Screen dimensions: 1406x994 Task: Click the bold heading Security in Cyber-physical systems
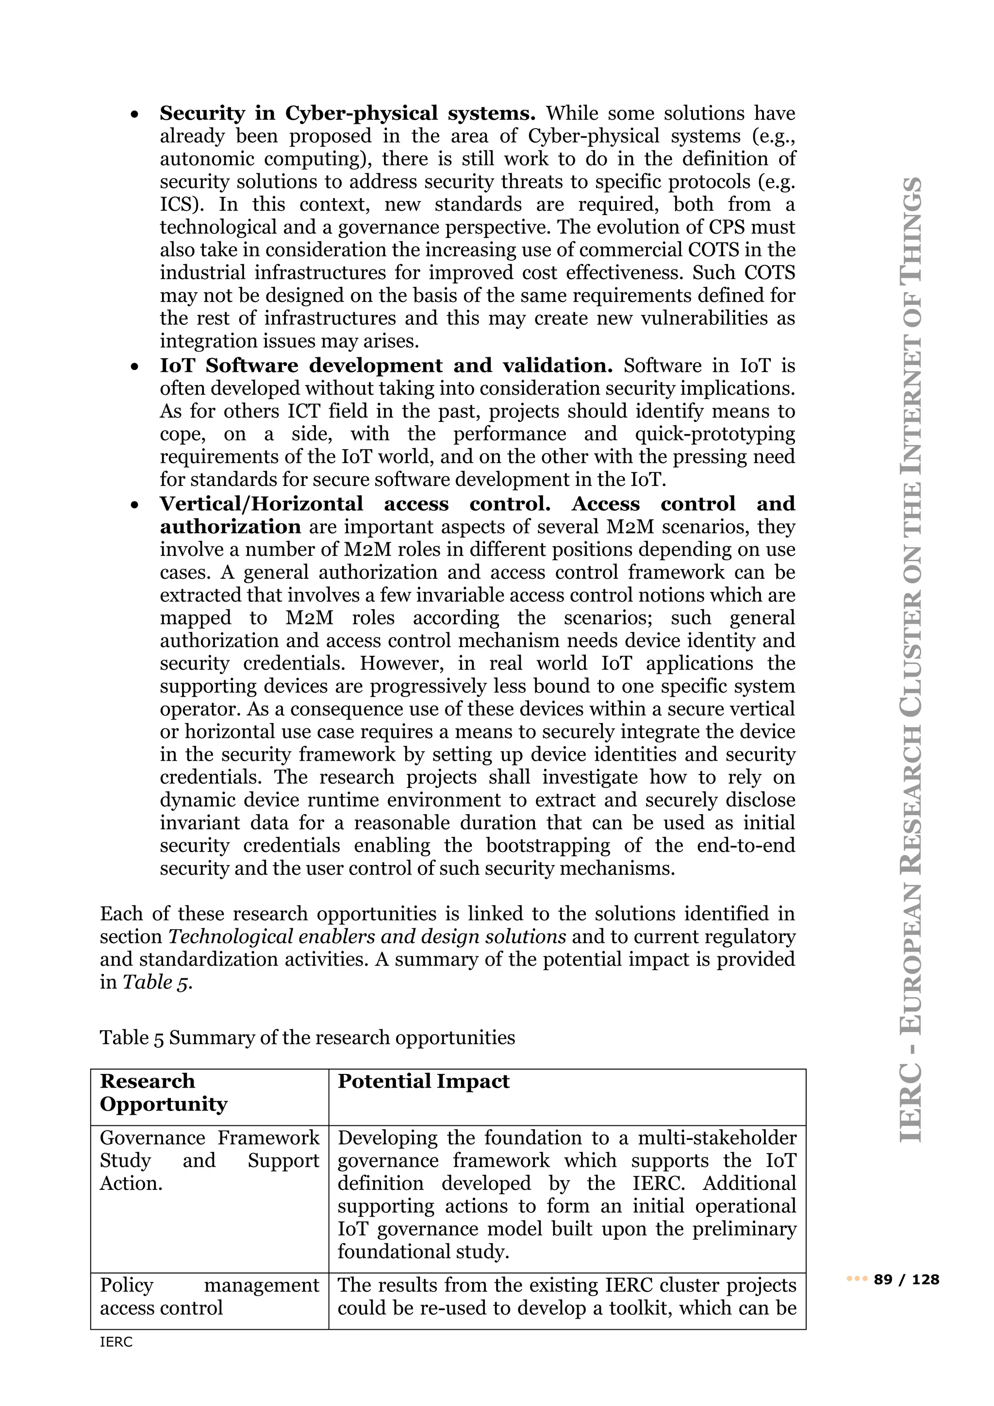point(347,113)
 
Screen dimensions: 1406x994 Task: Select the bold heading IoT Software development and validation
point(385,366)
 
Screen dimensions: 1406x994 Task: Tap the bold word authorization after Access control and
point(230,527)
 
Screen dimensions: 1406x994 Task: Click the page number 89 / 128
point(907,1279)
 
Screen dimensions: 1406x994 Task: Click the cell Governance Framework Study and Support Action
point(209,1160)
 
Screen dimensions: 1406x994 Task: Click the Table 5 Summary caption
point(307,1038)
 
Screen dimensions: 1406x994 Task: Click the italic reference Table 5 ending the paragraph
point(157,982)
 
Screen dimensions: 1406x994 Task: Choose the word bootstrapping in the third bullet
point(548,846)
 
